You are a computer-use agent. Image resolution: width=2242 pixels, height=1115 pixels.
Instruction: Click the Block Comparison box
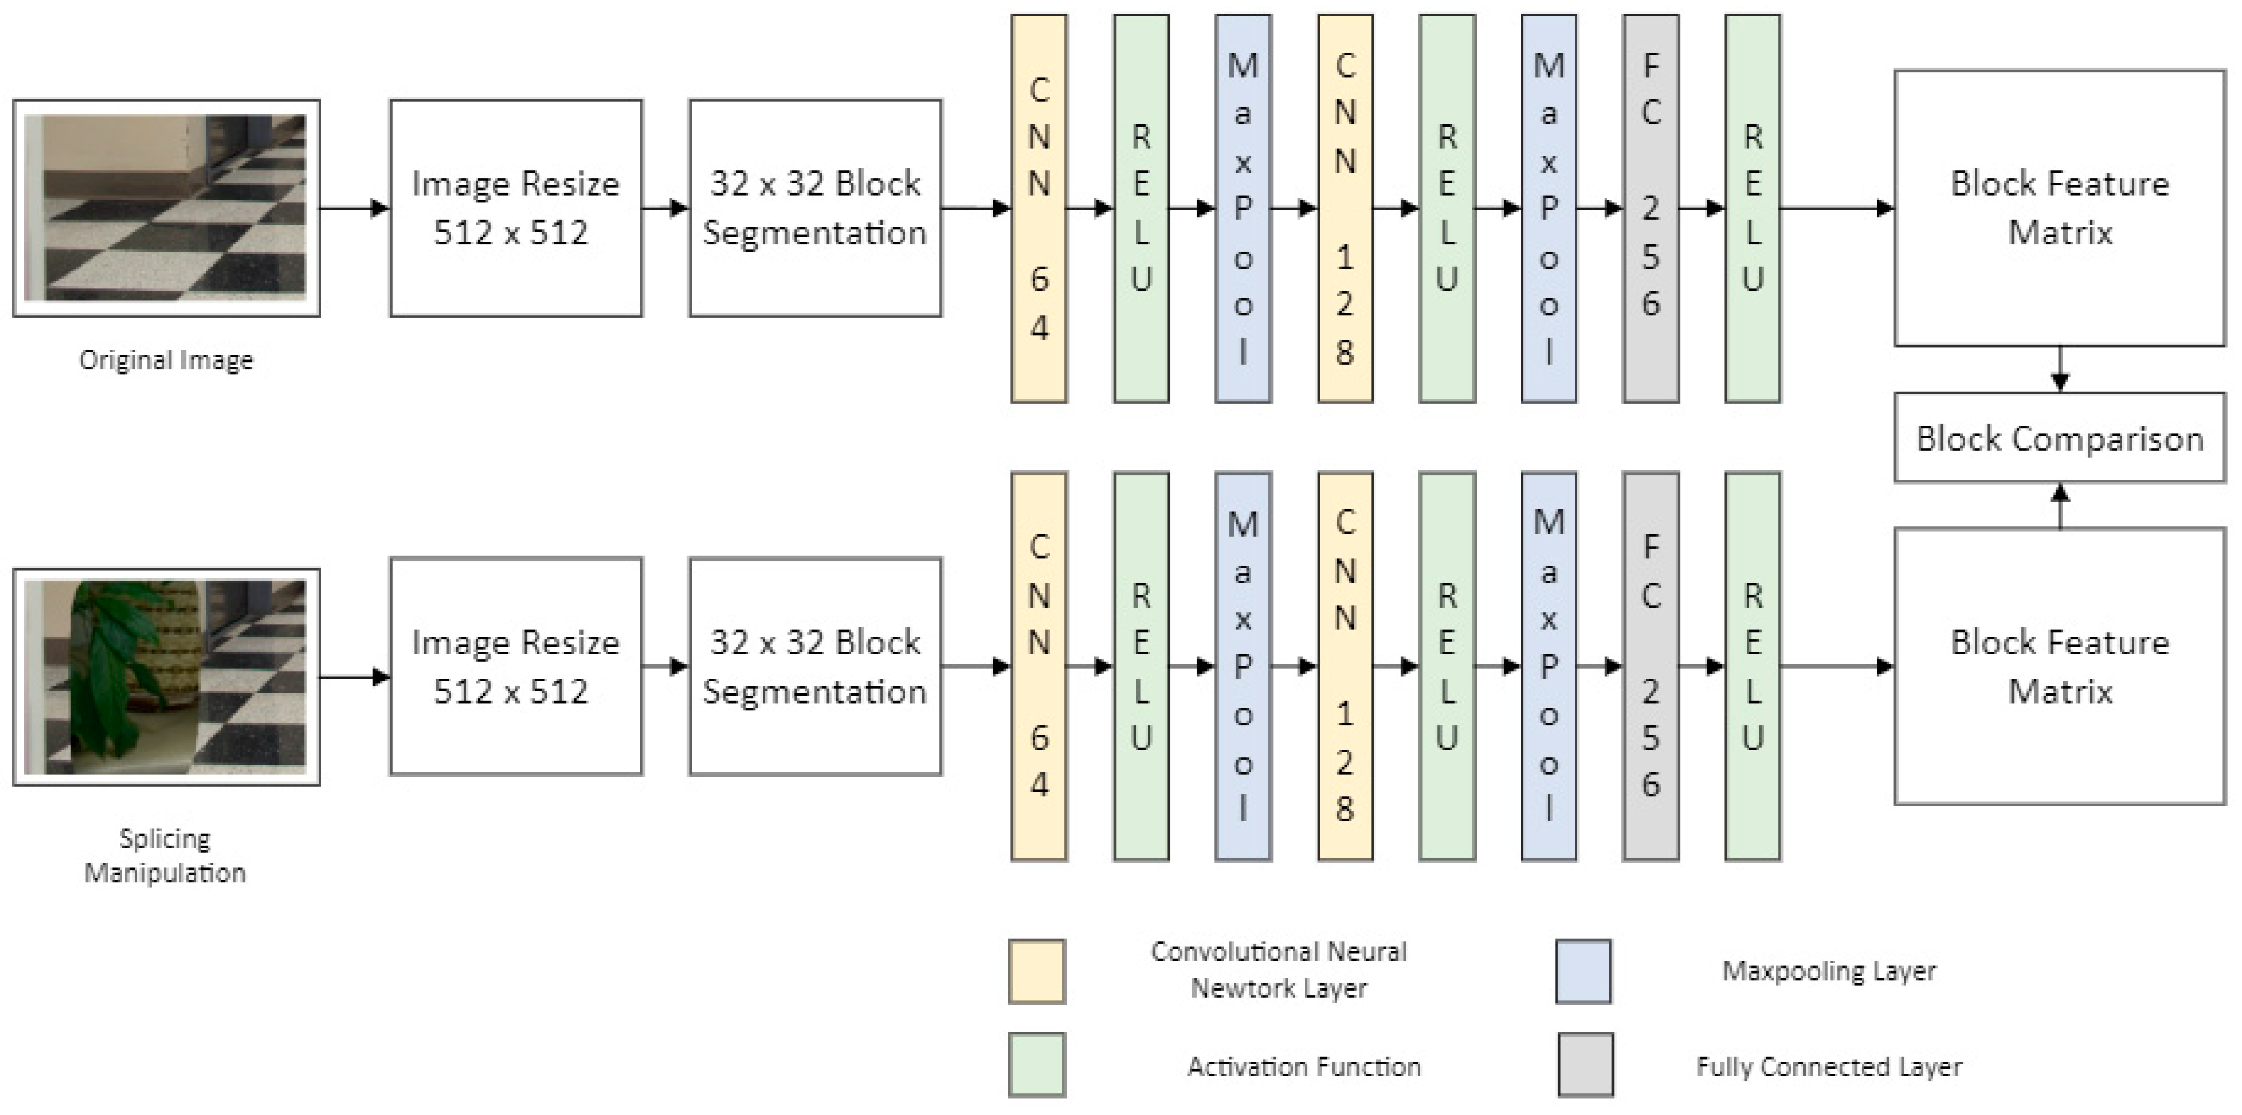[2059, 438]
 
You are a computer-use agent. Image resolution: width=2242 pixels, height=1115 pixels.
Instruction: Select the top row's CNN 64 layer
[1038, 208]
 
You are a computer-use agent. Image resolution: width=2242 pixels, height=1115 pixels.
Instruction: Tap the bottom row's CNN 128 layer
[1345, 666]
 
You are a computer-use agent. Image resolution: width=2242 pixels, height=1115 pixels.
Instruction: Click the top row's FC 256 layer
[1650, 208]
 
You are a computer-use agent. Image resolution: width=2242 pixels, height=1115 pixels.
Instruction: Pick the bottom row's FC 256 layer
[1650, 666]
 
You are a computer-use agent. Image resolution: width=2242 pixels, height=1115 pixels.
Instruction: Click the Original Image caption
[166, 359]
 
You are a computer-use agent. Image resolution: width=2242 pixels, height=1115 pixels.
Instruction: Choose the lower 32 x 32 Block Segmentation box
[815, 666]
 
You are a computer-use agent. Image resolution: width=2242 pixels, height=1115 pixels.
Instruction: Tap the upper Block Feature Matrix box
[2059, 208]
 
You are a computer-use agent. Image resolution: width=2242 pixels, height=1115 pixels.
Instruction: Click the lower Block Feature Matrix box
[2059, 666]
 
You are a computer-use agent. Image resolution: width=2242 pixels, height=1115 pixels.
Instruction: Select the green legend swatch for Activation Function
[1037, 1064]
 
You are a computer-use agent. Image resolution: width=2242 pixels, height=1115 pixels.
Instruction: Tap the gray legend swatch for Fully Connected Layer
[1585, 1064]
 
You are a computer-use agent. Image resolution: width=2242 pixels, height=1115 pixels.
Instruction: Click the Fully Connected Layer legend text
[1829, 1066]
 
